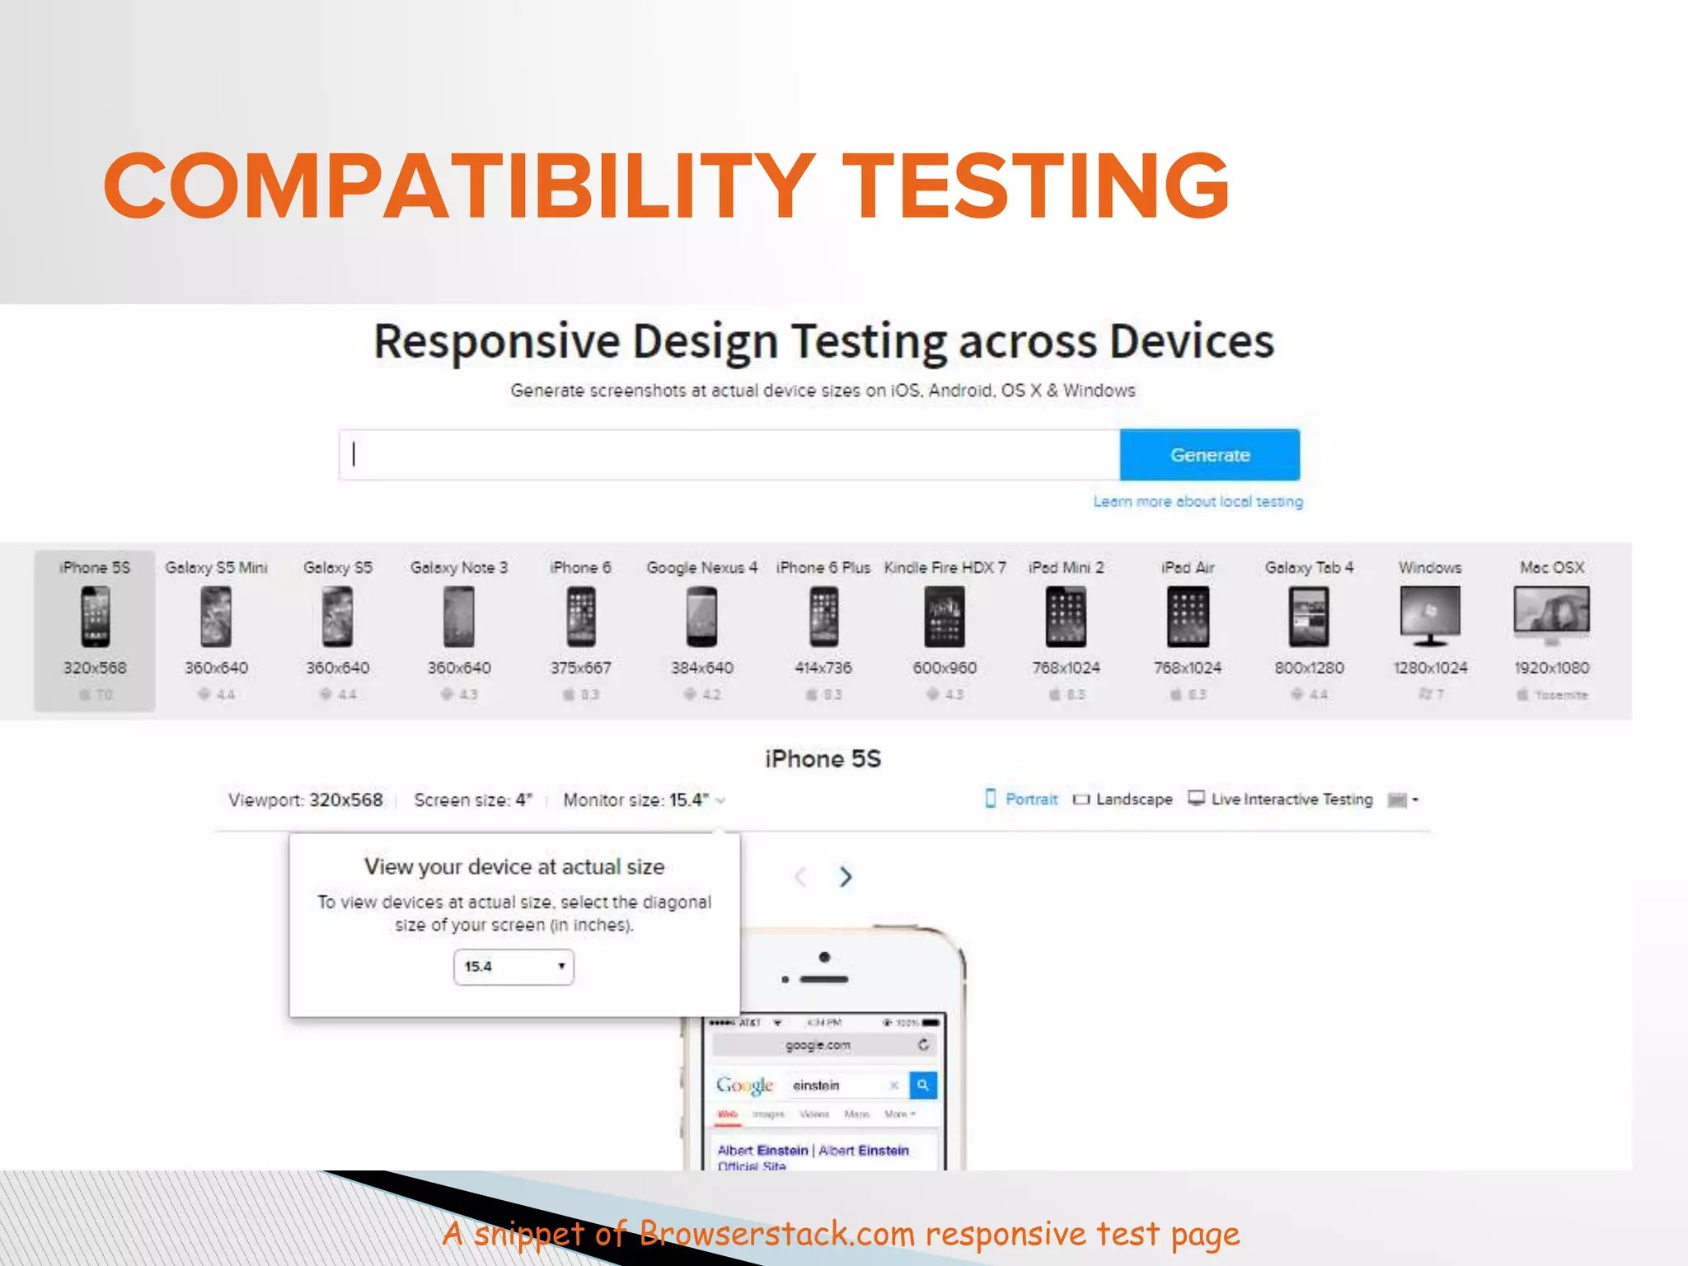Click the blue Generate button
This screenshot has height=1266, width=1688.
[x=1209, y=454]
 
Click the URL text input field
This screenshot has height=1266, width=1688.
[x=729, y=454]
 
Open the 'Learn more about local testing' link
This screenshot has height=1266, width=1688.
[x=1198, y=501]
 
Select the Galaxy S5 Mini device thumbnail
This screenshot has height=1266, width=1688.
[x=216, y=617]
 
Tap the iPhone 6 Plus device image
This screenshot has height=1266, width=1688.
[x=823, y=617]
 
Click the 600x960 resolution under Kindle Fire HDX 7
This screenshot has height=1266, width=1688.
[x=945, y=668]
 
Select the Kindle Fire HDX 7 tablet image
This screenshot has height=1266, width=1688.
[x=945, y=617]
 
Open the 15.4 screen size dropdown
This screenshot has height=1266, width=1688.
[x=513, y=966]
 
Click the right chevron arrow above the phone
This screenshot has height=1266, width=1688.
[x=846, y=876]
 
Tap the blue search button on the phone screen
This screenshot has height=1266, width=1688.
[x=923, y=1085]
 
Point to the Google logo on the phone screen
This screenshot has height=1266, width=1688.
[x=744, y=1085]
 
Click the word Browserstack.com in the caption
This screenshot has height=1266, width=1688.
[x=776, y=1234]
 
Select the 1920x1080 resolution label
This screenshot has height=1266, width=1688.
[x=1551, y=668]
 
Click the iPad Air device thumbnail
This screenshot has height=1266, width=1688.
[x=1188, y=617]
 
